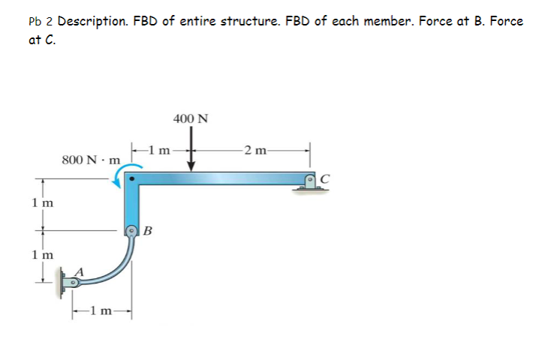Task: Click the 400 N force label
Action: pyautogui.click(x=191, y=118)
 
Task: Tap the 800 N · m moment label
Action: pyautogui.click(x=91, y=160)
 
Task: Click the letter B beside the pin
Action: pyautogui.click(x=148, y=232)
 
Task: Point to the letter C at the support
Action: pyautogui.click(x=325, y=178)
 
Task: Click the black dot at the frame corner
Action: pyautogui.click(x=131, y=179)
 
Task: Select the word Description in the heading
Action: pyautogui.click(x=95, y=21)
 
